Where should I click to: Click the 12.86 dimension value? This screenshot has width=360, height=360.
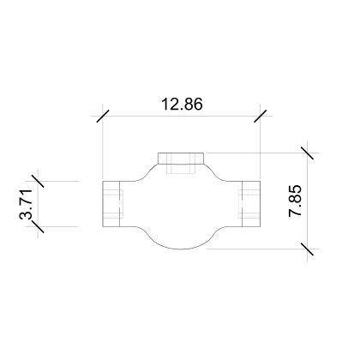coord(182,104)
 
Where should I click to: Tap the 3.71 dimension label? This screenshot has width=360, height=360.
coord(27,206)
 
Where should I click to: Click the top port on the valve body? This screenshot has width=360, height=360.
coord(181,158)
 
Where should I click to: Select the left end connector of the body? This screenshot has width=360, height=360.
coord(113,204)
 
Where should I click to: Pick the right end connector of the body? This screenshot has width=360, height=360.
coord(248,204)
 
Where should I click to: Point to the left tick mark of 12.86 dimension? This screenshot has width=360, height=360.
coord(102,116)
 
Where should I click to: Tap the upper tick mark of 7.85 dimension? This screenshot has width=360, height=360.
coord(305,153)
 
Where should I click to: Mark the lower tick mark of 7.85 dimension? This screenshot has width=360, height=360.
coord(305,249)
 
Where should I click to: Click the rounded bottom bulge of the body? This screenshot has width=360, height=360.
coord(181,243)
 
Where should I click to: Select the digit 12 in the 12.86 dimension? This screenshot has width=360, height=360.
coord(170,104)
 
